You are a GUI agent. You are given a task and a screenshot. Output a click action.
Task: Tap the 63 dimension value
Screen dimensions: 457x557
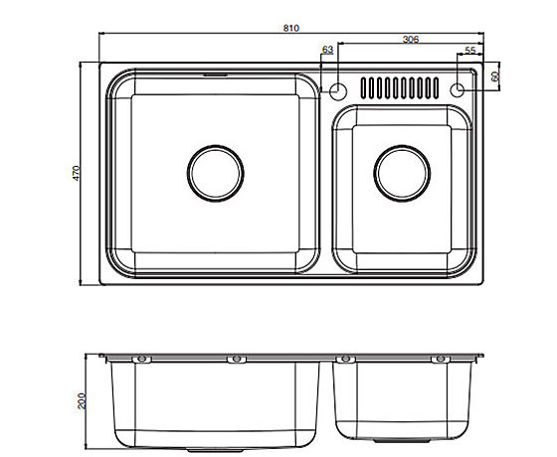pyautogui.click(x=327, y=50)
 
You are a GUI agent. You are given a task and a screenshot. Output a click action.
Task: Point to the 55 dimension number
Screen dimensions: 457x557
pyautogui.click(x=469, y=50)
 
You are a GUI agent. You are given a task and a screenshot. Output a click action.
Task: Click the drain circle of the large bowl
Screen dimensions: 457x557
pyautogui.click(x=214, y=172)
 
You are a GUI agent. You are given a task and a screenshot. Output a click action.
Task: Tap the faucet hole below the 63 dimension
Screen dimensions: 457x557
pyautogui.click(x=338, y=91)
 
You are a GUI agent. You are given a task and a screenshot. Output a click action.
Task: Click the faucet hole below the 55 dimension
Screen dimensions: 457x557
pyautogui.click(x=458, y=89)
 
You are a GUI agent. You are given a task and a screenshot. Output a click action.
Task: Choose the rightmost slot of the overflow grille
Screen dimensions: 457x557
pyautogui.click(x=432, y=89)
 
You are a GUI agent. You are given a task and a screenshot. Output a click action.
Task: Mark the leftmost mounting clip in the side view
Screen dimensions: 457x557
pyautogui.click(x=140, y=359)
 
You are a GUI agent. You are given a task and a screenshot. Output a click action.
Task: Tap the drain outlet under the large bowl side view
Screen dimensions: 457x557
pyautogui.click(x=214, y=443)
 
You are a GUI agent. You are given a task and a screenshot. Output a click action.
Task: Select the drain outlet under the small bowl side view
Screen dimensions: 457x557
pyautogui.click(x=400, y=439)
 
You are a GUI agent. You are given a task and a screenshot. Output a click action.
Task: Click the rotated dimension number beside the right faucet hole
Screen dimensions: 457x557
pyautogui.click(x=494, y=76)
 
